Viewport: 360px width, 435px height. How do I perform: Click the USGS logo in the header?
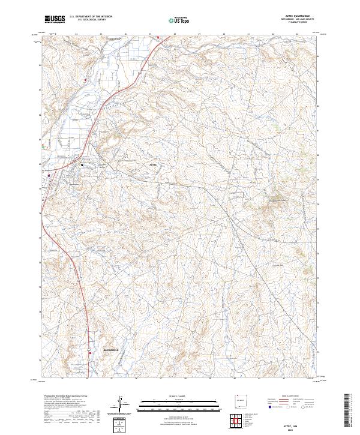pos(55,20)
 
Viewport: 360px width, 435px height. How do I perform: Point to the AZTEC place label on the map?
pos(151,163)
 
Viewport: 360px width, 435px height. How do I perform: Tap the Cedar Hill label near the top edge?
pos(114,40)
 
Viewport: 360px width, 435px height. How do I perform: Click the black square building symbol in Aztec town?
pos(82,165)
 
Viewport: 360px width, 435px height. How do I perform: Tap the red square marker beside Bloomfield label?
pos(91,353)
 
